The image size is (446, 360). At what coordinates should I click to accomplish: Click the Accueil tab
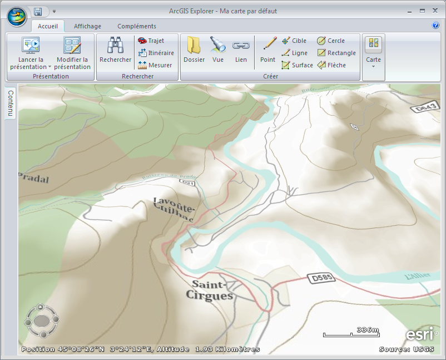(48, 26)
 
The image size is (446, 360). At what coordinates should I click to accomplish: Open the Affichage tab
(87, 26)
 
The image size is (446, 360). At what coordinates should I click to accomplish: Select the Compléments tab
(137, 26)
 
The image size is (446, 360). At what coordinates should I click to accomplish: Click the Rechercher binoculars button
(115, 50)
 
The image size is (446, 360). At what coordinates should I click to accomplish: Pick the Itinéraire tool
(156, 53)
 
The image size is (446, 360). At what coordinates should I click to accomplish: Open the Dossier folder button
(194, 50)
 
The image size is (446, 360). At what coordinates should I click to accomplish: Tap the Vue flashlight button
(218, 50)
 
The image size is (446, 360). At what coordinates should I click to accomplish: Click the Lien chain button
(241, 50)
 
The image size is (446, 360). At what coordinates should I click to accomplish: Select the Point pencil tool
(268, 50)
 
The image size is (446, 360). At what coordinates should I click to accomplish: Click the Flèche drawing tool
(331, 65)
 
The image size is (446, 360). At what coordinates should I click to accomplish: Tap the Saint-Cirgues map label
(212, 290)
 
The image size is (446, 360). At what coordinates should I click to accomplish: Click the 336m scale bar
(351, 332)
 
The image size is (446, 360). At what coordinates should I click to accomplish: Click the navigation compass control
(41, 320)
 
